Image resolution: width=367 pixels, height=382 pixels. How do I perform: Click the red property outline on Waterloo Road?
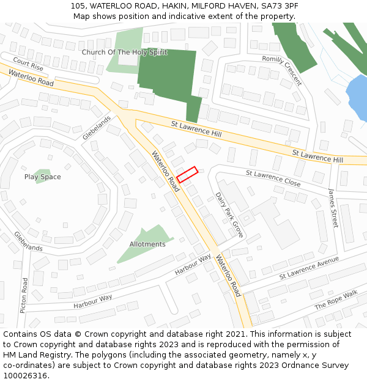point(187,175)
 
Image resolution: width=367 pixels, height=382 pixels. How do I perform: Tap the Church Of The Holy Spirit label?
point(124,53)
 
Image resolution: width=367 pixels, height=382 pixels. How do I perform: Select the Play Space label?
point(42,177)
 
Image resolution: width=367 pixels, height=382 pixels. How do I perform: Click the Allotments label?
point(147,244)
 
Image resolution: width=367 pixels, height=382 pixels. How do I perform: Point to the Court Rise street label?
point(28,64)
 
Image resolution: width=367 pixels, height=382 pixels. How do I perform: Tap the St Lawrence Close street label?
point(273,178)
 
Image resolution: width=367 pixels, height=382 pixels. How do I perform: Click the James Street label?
point(333,208)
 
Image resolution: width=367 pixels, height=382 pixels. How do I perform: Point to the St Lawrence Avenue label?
point(309,268)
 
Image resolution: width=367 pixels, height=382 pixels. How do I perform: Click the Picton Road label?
point(24,296)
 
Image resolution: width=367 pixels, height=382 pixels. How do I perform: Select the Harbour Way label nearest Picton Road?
point(93,301)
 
